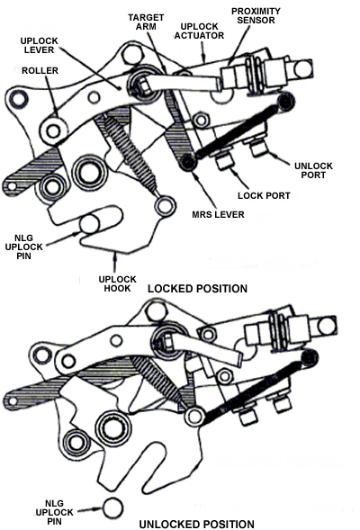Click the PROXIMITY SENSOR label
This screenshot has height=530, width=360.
[256, 15]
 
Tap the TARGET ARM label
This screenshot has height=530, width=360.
[146, 22]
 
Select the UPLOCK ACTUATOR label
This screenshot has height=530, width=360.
[199, 31]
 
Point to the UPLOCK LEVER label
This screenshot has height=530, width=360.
[40, 46]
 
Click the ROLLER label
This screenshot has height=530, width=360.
[40, 71]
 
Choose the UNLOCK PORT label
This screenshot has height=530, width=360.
[313, 171]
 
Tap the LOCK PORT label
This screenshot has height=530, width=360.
[264, 195]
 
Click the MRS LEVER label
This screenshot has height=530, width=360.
[218, 215]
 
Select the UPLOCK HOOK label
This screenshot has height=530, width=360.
[117, 284]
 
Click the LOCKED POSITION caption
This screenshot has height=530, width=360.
[197, 289]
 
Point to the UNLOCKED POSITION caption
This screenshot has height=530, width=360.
[197, 525]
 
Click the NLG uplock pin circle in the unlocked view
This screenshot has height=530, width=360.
[112, 508]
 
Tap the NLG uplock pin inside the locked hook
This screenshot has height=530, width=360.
[90, 223]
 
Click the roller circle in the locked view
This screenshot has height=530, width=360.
[53, 130]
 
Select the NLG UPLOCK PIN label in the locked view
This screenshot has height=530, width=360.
[24, 247]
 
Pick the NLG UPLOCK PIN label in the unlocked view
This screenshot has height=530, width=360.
[54, 512]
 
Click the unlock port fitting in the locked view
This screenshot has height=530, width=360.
[258, 148]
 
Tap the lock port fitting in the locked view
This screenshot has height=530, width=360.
[224, 160]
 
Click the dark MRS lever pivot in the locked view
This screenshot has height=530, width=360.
[188, 162]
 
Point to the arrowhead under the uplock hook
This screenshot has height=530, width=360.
[115, 256]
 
